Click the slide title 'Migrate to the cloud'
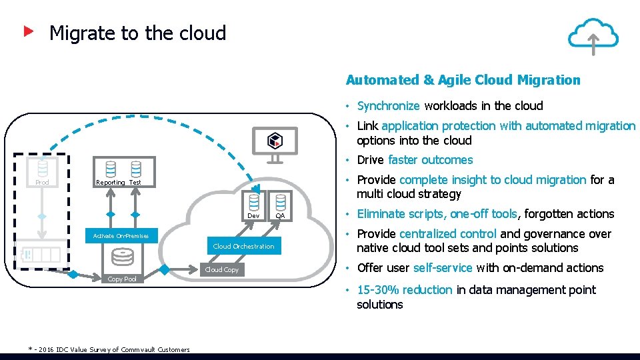coord(137,33)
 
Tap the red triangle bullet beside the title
coord(29,31)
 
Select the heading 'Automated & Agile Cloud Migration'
coord(463,80)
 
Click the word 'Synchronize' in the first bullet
coord(388,106)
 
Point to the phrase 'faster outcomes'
coord(430,160)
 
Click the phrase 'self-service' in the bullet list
coord(442,268)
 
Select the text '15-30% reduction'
coord(405,290)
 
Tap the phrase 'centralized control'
coord(447,234)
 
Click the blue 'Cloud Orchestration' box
coord(243,247)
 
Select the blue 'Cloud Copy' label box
coord(221,269)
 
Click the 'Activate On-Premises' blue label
coord(121,236)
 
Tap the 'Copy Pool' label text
coord(122,279)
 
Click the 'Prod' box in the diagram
coord(42,182)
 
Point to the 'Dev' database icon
coord(253,202)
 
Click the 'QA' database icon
coord(280,202)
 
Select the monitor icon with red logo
coord(275,143)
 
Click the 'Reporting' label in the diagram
coord(111,183)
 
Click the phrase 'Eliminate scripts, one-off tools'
coord(437,214)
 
